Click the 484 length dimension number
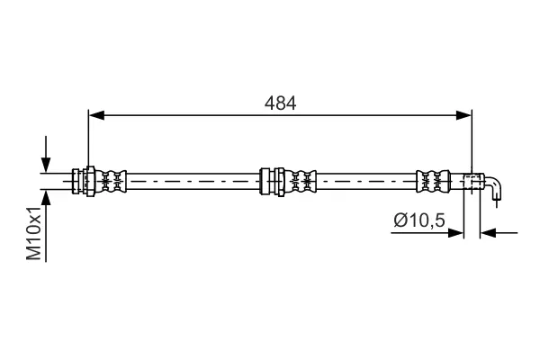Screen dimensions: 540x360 point(280,103)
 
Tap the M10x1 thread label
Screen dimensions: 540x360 point(35,234)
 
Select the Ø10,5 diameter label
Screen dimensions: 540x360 point(419,220)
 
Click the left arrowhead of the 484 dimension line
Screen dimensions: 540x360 point(96,115)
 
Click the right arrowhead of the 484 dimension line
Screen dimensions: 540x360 point(463,115)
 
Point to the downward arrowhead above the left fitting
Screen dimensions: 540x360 point(46,165)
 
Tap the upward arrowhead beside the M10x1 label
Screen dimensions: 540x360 point(46,198)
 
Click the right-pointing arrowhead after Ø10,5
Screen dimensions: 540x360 point(455,233)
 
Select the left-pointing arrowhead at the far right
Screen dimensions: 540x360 point(488,233)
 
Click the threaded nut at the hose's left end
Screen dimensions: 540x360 point(84,181)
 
